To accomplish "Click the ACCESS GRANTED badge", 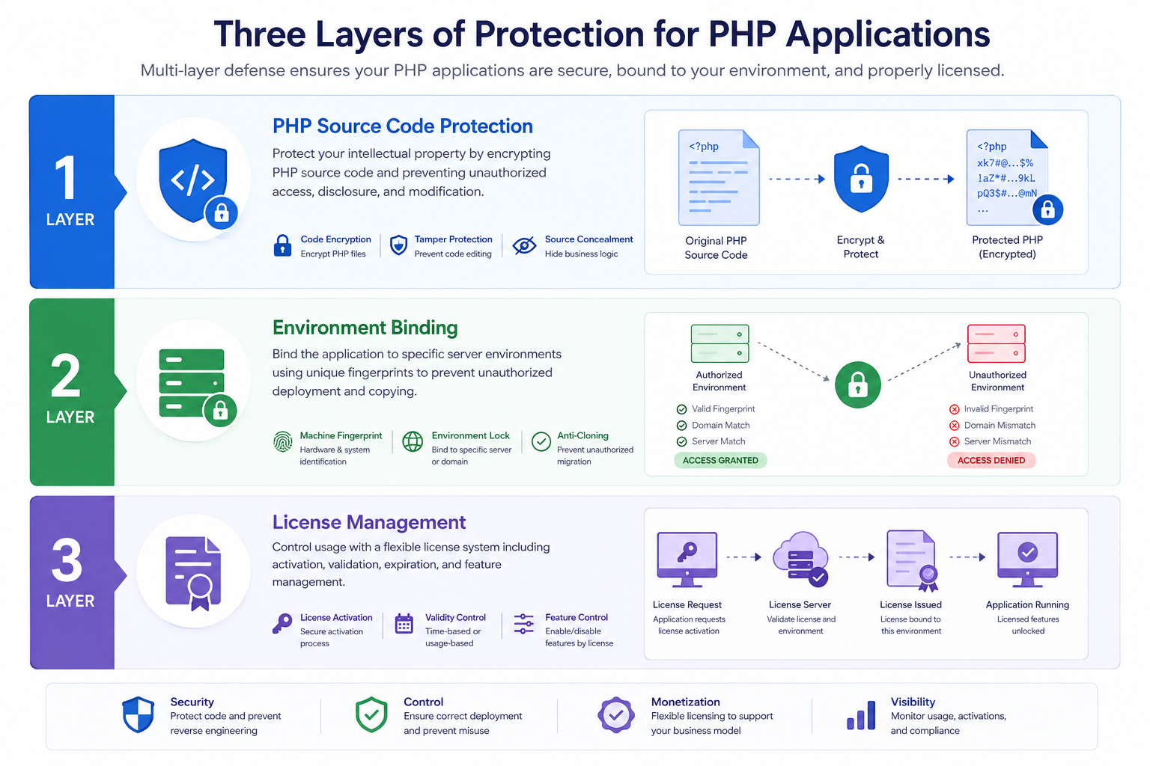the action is (x=720, y=460).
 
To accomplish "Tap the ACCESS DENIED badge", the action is (x=991, y=460).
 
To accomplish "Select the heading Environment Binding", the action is (x=365, y=328).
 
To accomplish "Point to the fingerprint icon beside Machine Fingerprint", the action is (x=282, y=441).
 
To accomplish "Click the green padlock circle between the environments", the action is (x=857, y=384).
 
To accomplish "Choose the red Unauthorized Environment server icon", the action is (x=996, y=343).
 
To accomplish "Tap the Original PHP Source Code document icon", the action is (x=719, y=177).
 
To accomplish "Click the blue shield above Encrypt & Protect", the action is (x=861, y=179).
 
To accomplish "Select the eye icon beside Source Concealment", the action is (x=524, y=246).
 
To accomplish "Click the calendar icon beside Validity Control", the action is (x=404, y=624).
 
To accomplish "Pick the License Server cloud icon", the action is (x=800, y=559).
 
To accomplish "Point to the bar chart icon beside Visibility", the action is (x=861, y=714).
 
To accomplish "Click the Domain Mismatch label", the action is (x=1000, y=425).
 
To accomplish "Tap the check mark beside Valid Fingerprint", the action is (x=681, y=409).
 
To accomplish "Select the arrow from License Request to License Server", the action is (x=744, y=557).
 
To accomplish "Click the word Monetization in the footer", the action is (x=685, y=702).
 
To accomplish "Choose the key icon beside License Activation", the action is (x=282, y=624).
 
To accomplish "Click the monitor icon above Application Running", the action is (x=1027, y=560).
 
